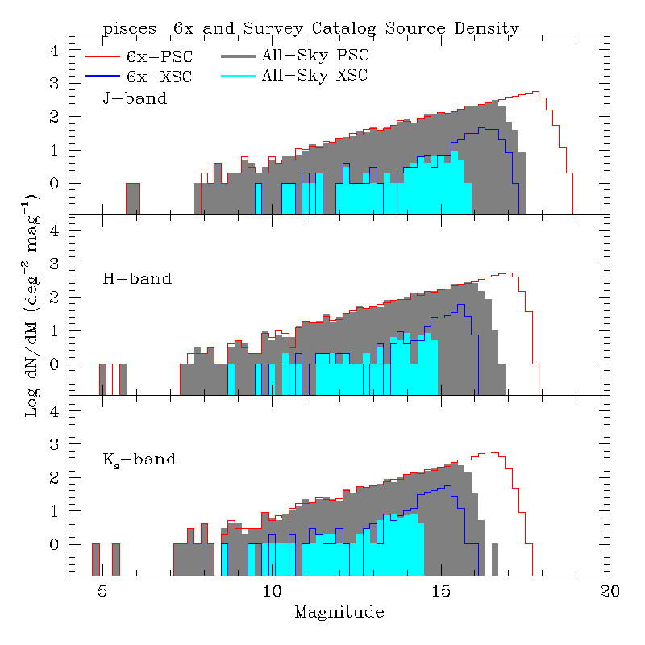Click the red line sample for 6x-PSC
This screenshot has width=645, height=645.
(x=102, y=56)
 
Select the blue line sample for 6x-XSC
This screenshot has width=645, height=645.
(x=102, y=76)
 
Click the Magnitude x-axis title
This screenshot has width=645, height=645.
(x=339, y=613)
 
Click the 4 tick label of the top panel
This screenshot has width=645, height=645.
(x=56, y=50)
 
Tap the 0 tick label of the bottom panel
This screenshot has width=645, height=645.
(x=56, y=545)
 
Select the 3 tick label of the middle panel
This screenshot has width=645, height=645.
(x=56, y=264)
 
